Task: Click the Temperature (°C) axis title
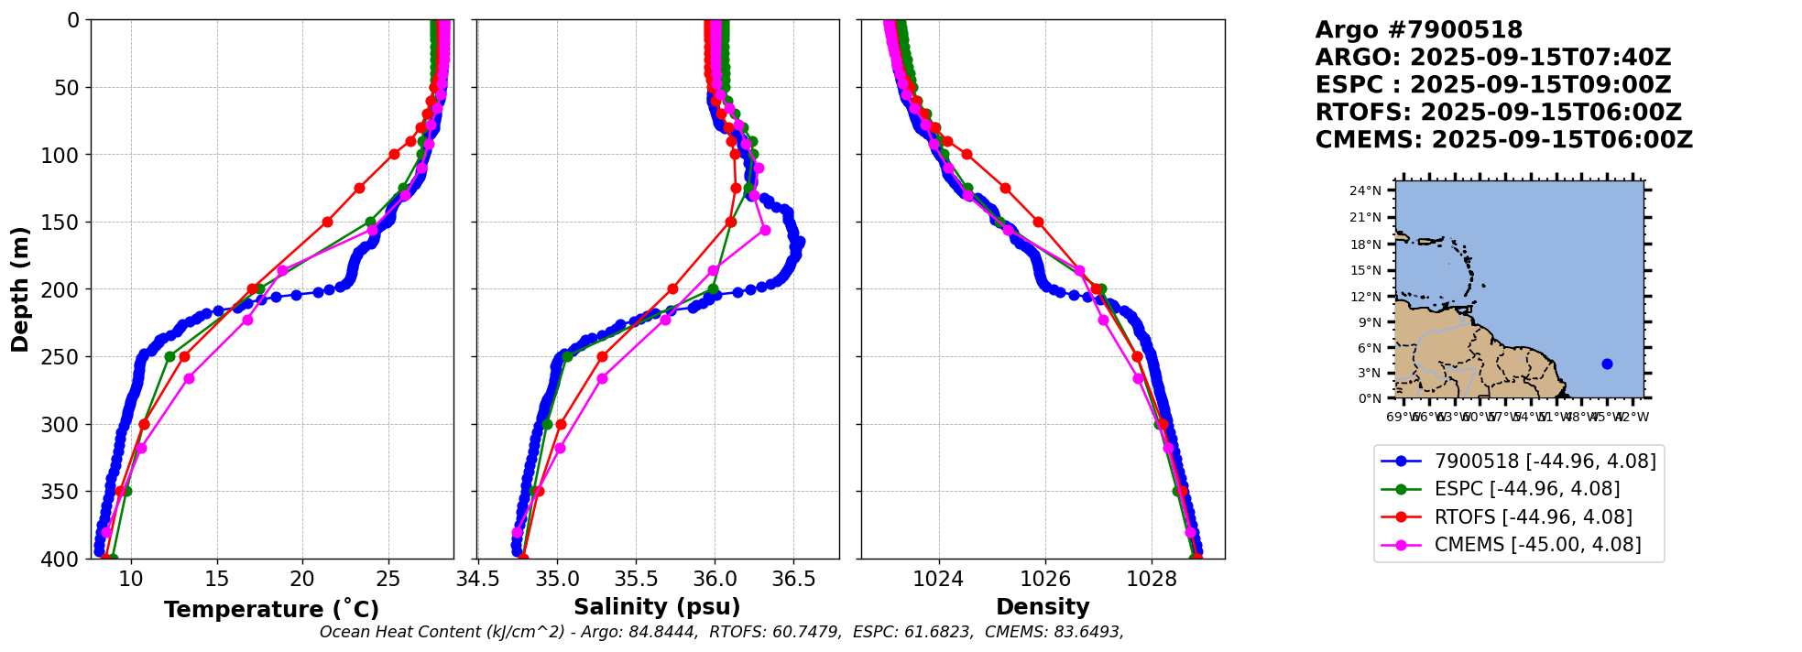(x=271, y=609)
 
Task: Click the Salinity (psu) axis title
(x=657, y=607)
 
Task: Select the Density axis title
(x=1043, y=607)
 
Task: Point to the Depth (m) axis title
(x=20, y=289)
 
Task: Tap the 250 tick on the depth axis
(x=67, y=357)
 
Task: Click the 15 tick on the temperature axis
(x=217, y=579)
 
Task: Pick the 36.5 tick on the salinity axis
(x=793, y=579)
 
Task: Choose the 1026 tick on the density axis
(x=1045, y=579)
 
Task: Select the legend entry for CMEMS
(x=1537, y=545)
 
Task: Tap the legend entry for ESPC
(x=1526, y=489)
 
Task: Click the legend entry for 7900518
(x=1545, y=462)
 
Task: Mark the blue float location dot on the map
(x=1607, y=364)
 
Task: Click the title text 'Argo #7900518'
(x=1418, y=30)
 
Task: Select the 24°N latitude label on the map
(x=1365, y=190)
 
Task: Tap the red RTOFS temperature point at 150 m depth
(x=327, y=222)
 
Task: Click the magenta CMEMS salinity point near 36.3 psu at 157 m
(x=765, y=230)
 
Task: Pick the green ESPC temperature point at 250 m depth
(x=169, y=356)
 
